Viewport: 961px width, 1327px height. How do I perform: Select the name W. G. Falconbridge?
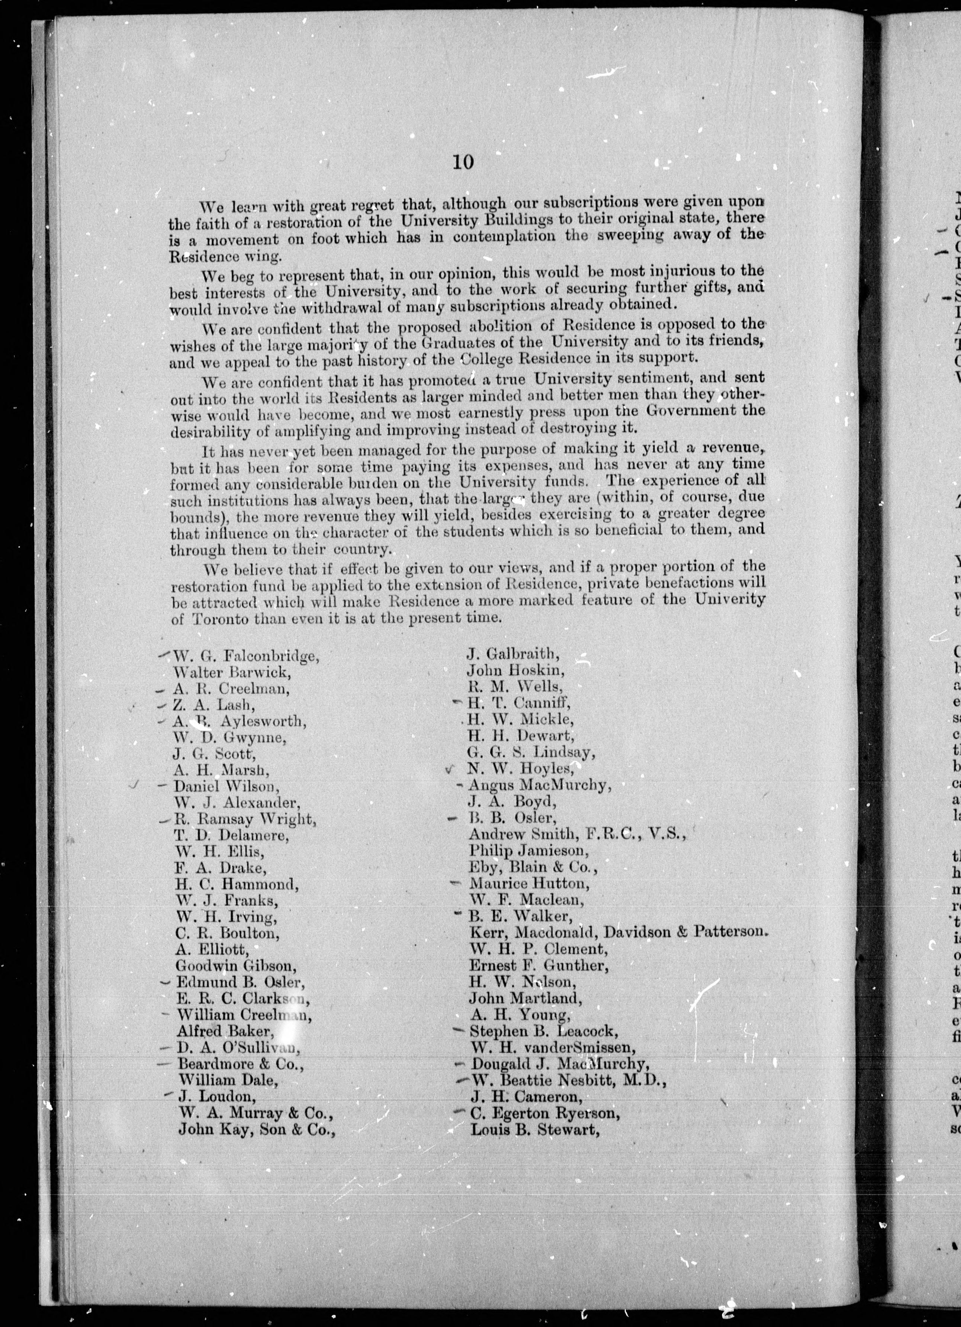[246, 656]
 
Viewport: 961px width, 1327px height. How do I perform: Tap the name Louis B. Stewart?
[535, 1129]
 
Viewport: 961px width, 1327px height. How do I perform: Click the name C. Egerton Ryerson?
[544, 1112]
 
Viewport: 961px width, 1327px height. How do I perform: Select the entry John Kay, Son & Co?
[257, 1129]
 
